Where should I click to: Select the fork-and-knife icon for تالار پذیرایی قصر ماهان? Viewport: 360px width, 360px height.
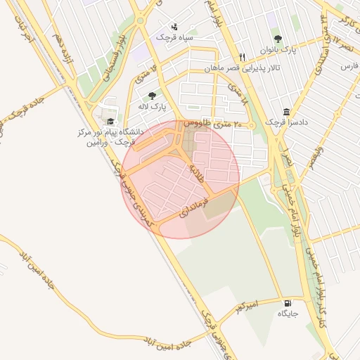coord(243,57)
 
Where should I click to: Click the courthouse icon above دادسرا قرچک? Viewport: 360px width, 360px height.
coord(286,112)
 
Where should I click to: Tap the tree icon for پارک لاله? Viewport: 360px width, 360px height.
coord(153,96)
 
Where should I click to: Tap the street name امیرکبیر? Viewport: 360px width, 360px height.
coord(247,306)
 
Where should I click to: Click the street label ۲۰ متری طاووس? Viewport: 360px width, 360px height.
coord(212,124)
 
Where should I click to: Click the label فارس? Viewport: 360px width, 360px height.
coord(349,66)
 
